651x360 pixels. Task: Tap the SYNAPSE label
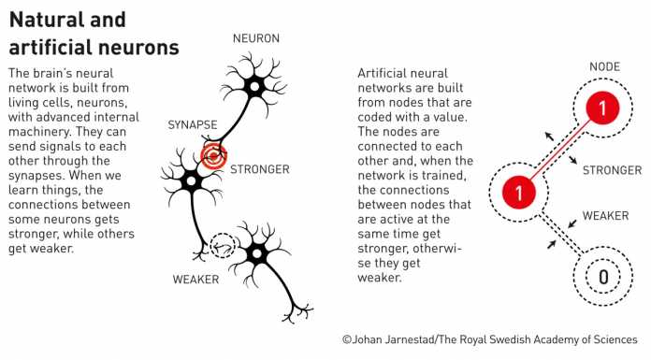tap(194, 124)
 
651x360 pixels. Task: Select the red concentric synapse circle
tap(214, 156)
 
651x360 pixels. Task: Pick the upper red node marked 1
tap(602, 109)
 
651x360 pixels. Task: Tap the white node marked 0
tap(602, 277)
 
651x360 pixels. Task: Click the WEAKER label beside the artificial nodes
tap(605, 216)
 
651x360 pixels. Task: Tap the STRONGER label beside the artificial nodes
tap(612, 170)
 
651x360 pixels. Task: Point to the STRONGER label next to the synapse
tap(260, 169)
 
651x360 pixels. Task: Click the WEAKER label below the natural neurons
tap(196, 279)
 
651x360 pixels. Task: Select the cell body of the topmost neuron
tap(253, 86)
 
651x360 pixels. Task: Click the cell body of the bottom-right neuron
tap(254, 252)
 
